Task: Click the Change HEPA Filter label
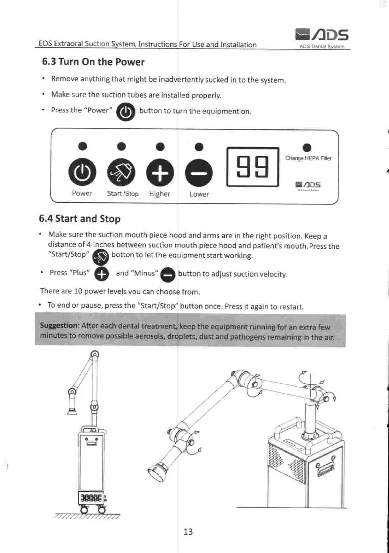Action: click(x=308, y=158)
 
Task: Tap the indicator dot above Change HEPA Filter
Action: click(x=307, y=145)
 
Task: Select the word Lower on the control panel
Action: click(x=199, y=194)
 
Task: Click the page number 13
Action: click(x=188, y=531)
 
